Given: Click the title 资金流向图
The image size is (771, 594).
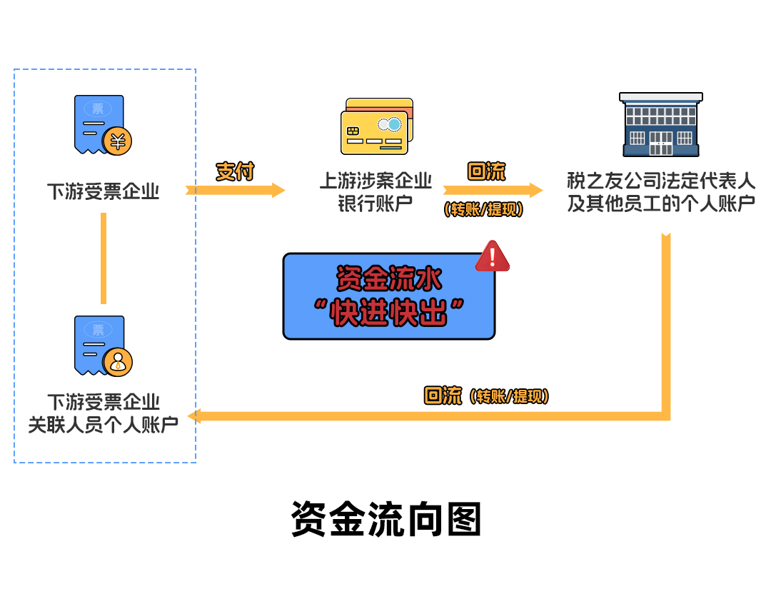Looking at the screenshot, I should coord(385,519).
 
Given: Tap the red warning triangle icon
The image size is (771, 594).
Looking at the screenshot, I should coord(493,256).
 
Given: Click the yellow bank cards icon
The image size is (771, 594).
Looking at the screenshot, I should coord(376,126).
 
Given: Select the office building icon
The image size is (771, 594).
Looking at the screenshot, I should coord(660,124).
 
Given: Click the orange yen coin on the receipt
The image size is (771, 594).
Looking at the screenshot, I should coord(117,141).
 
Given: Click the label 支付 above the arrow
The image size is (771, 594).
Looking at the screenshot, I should coord(235,171).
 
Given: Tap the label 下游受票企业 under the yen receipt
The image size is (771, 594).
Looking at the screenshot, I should coord(104,191).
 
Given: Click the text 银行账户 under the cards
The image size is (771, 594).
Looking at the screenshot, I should coord(376,203).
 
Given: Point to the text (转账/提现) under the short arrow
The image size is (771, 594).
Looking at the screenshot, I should coord(483,210).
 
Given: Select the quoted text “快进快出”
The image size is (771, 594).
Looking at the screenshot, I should coord(389,313).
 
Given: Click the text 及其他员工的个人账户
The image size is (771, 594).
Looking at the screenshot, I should coord(661,203).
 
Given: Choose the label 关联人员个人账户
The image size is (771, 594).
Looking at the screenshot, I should coord(104,425).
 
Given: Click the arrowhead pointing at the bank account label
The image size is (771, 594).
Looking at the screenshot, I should coord(277,190).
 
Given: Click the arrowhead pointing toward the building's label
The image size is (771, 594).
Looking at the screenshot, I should coord(535,190).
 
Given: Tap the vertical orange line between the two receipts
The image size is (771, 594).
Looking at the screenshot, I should coord(104,258).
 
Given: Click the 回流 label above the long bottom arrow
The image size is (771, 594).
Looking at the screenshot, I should coord(443,396).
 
